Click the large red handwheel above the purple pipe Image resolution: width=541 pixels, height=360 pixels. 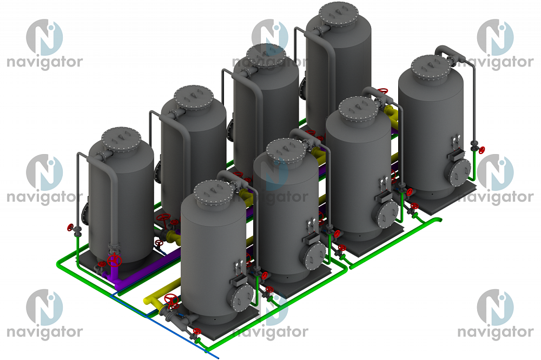point(114,261)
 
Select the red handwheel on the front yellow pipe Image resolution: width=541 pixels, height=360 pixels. point(171,301)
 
